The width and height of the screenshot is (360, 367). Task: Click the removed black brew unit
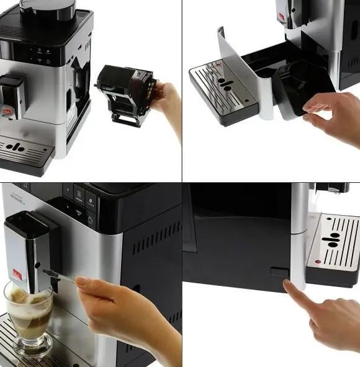pos(124,93)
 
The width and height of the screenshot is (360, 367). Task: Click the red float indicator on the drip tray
pos(317,262)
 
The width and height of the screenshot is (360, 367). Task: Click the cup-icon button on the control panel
pos(79,194)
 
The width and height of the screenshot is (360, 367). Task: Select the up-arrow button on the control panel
pos(67,189)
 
